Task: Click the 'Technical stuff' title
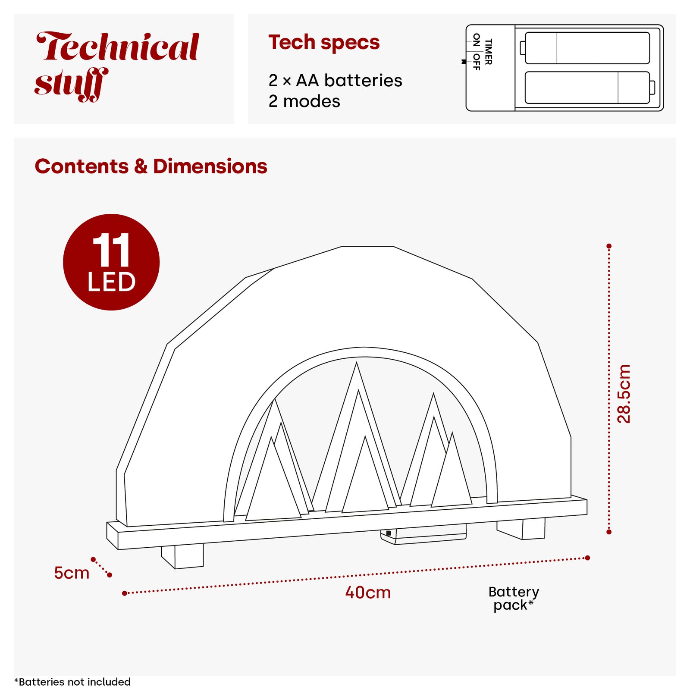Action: tap(116, 66)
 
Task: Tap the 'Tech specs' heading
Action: tap(324, 42)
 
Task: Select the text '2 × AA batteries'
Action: tap(335, 80)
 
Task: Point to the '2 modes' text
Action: tap(304, 101)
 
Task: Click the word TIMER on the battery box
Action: tap(489, 52)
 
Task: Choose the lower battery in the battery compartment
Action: tap(590, 88)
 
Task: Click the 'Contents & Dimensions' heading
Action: tap(151, 166)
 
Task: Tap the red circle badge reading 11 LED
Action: tap(111, 262)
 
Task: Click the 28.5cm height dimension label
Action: tap(624, 393)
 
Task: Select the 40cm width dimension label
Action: tap(368, 593)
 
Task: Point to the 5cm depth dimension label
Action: tap(72, 573)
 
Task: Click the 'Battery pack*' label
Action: tap(514, 599)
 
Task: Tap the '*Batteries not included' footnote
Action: tap(72, 682)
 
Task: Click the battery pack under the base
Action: tap(423, 534)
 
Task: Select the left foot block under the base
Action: tap(182, 556)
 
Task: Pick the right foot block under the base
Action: tap(521, 529)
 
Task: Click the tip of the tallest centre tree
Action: tap(356, 363)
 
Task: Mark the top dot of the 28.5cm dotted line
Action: tap(609, 246)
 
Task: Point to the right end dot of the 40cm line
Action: tap(587, 558)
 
